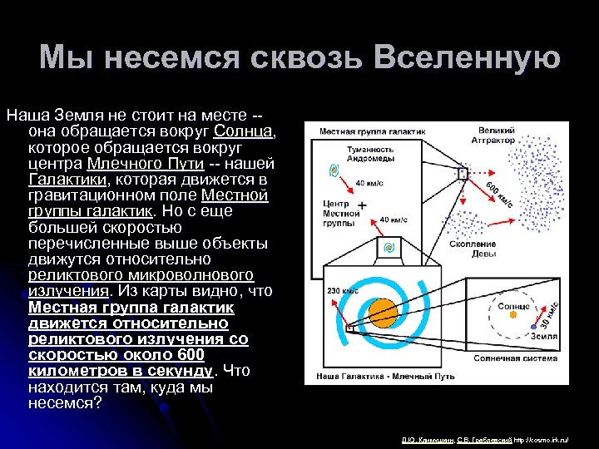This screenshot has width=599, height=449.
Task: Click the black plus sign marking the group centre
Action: click(x=362, y=204)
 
